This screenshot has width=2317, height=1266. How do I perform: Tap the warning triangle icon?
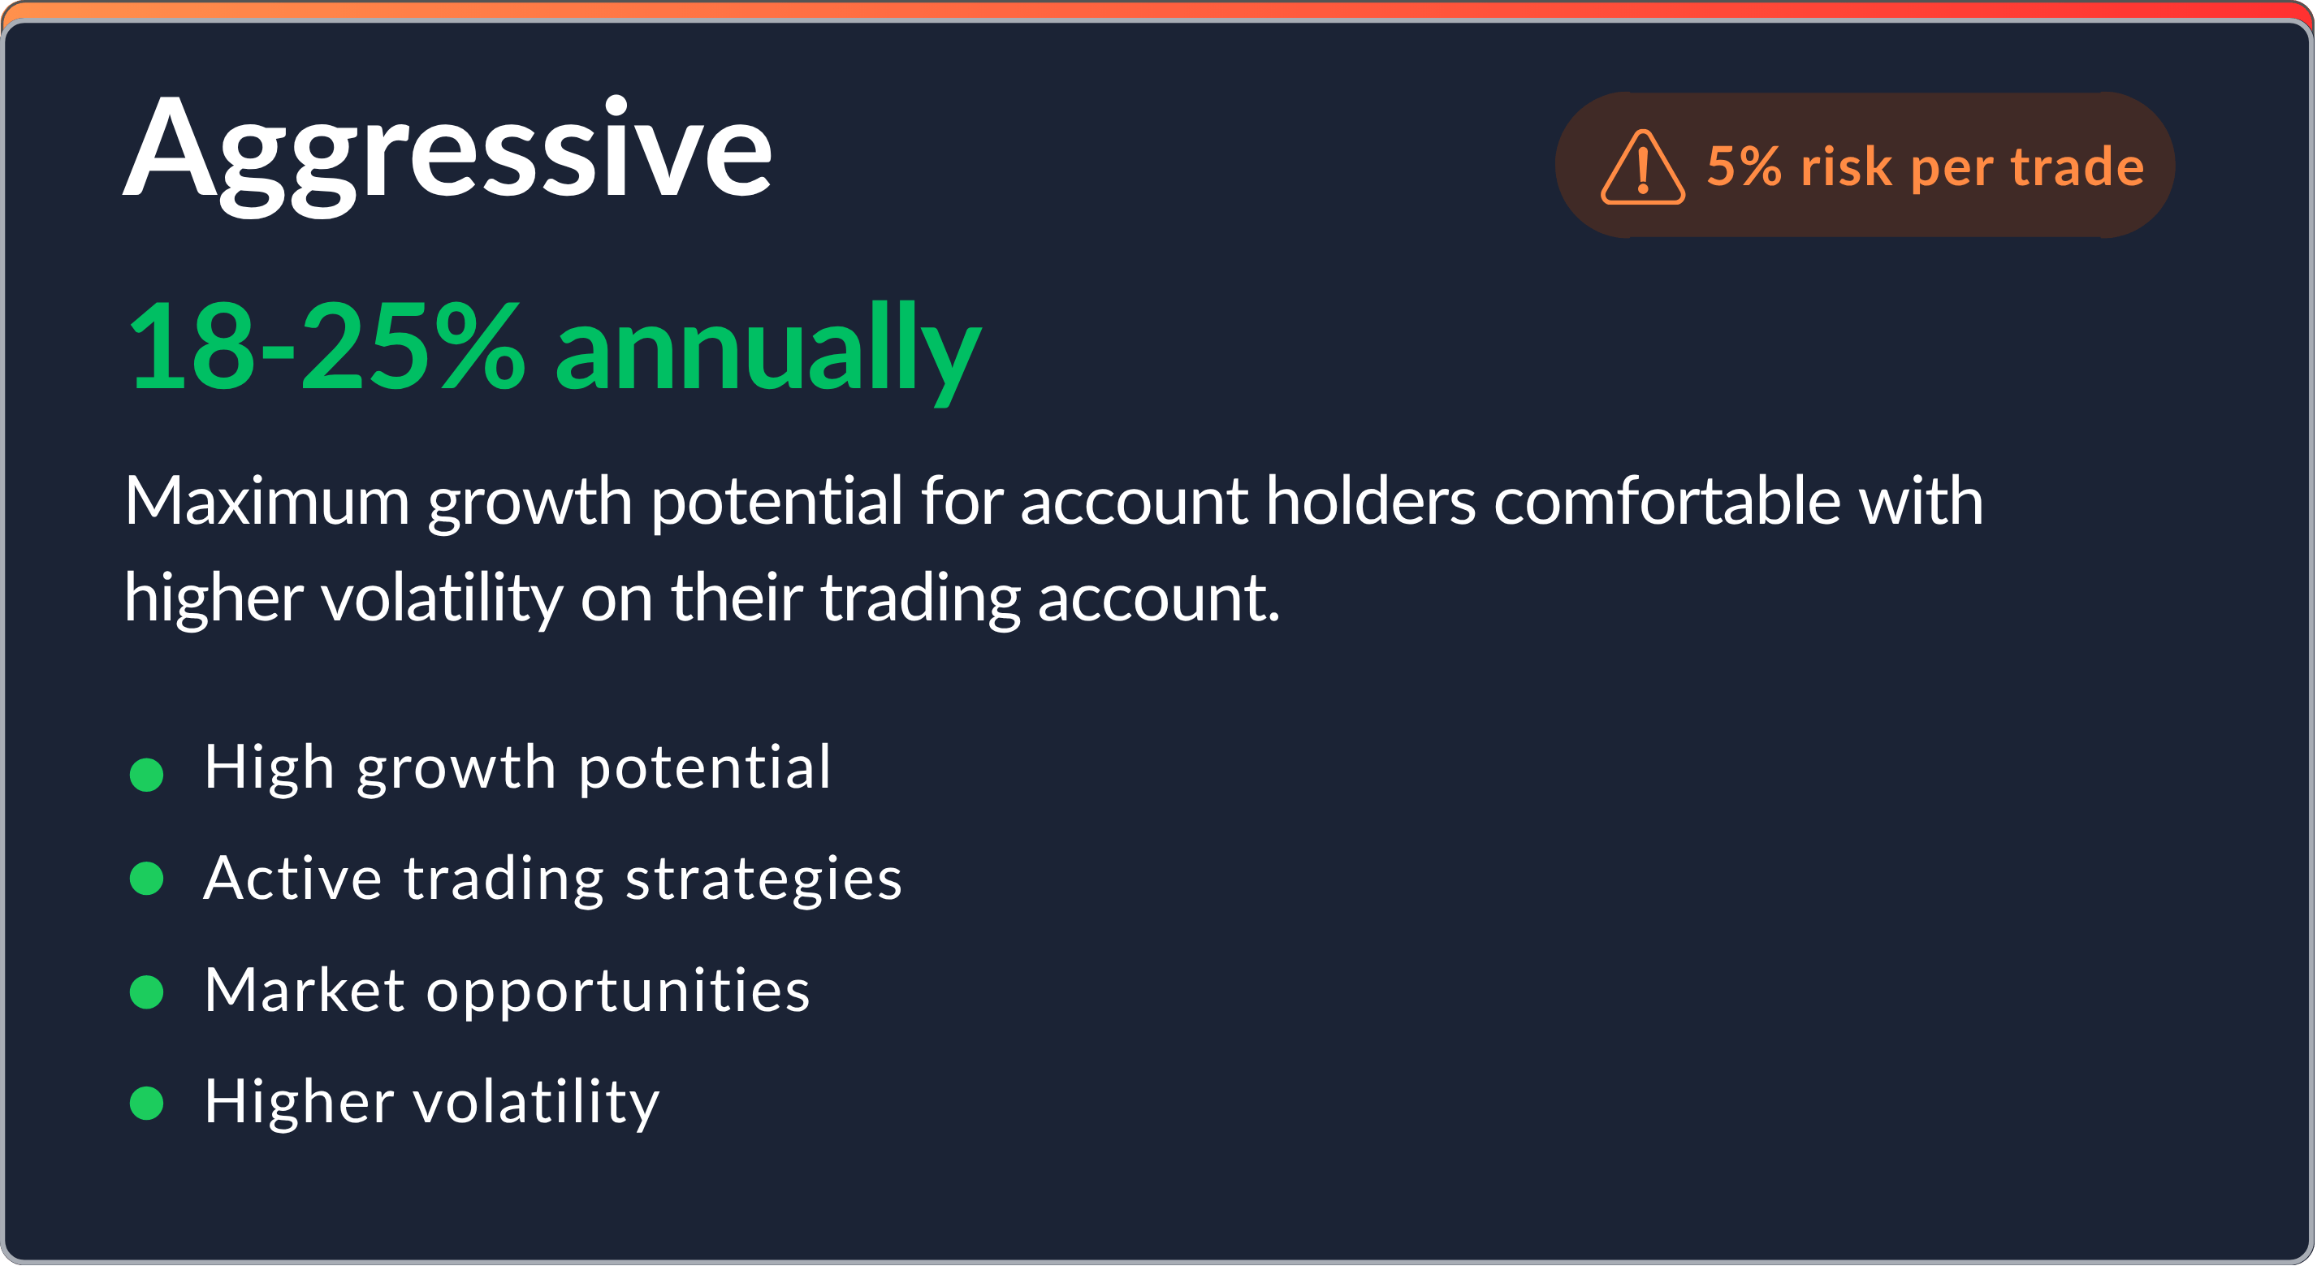point(1642,168)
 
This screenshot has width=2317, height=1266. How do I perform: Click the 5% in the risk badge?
point(1743,166)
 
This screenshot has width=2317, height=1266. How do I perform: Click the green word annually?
point(767,351)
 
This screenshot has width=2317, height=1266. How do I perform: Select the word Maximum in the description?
point(267,501)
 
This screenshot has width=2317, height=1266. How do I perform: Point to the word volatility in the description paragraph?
point(442,598)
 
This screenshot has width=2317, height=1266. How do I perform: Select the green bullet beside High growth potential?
point(147,774)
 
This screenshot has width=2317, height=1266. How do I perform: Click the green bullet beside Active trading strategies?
point(147,879)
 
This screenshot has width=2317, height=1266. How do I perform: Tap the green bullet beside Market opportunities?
point(147,992)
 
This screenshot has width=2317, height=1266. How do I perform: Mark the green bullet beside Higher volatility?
point(147,1102)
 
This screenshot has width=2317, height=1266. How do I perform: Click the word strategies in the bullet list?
point(763,879)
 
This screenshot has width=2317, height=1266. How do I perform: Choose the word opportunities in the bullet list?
point(618,992)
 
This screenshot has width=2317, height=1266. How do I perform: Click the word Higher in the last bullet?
point(299,1101)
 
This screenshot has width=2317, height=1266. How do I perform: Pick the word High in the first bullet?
point(269,769)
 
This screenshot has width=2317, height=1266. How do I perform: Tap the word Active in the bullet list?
point(292,879)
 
